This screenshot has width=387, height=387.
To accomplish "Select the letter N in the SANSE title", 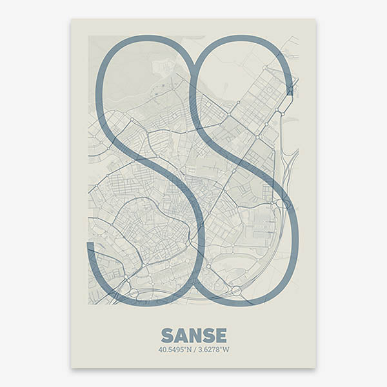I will pos(194,336).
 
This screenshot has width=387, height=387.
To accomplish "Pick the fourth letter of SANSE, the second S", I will pos(208,336).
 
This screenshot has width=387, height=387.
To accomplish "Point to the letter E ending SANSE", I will pos(221,336).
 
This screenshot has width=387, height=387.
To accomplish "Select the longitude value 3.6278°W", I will pos(213,350).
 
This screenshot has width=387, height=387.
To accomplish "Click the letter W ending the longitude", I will pos(226,350).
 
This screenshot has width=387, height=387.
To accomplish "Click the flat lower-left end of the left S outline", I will pos(91,245).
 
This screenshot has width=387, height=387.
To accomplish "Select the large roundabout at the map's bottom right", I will pos(236,291).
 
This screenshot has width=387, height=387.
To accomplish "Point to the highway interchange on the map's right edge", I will pos(282,203).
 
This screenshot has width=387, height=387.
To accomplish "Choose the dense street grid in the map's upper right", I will pos(258,97).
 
